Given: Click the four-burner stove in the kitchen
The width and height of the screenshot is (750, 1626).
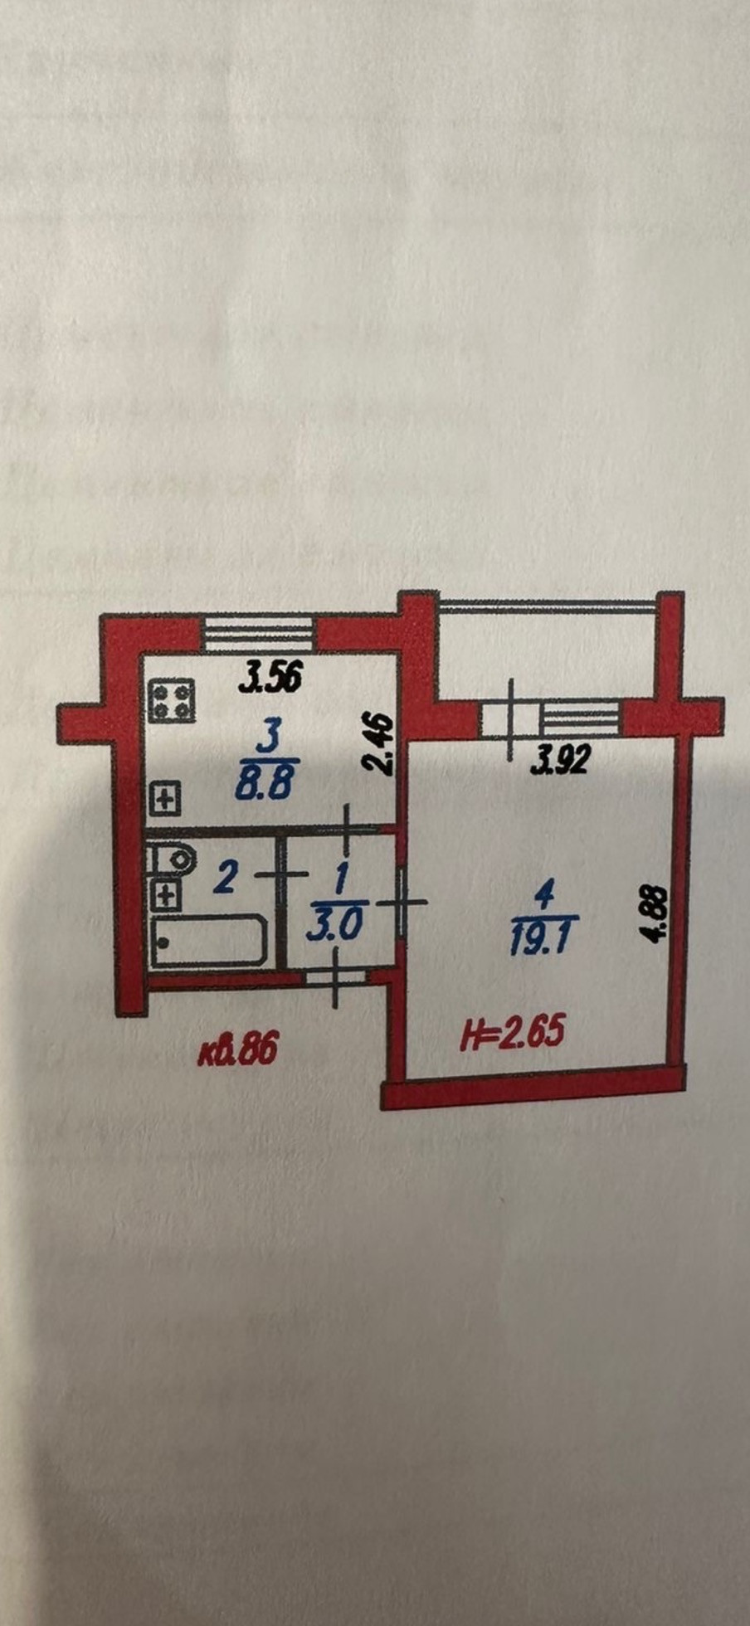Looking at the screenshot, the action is pos(172,700).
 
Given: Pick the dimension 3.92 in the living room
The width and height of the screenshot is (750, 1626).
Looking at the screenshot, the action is pos(560,759).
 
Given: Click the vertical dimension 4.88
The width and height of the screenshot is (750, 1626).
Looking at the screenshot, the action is pos(655,914).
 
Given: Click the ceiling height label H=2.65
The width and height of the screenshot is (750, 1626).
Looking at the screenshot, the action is pos(513,1033).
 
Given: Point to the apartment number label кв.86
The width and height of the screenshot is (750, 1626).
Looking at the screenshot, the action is pos(237,1051).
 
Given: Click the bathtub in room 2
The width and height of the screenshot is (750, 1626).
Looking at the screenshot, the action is pos(209,940).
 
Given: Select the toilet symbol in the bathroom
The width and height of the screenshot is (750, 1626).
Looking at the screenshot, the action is pos(173,858).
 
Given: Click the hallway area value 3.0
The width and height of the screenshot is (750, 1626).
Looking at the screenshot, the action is pos(333,924).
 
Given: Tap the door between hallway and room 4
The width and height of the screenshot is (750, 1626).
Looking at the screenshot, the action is pos(402,903).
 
